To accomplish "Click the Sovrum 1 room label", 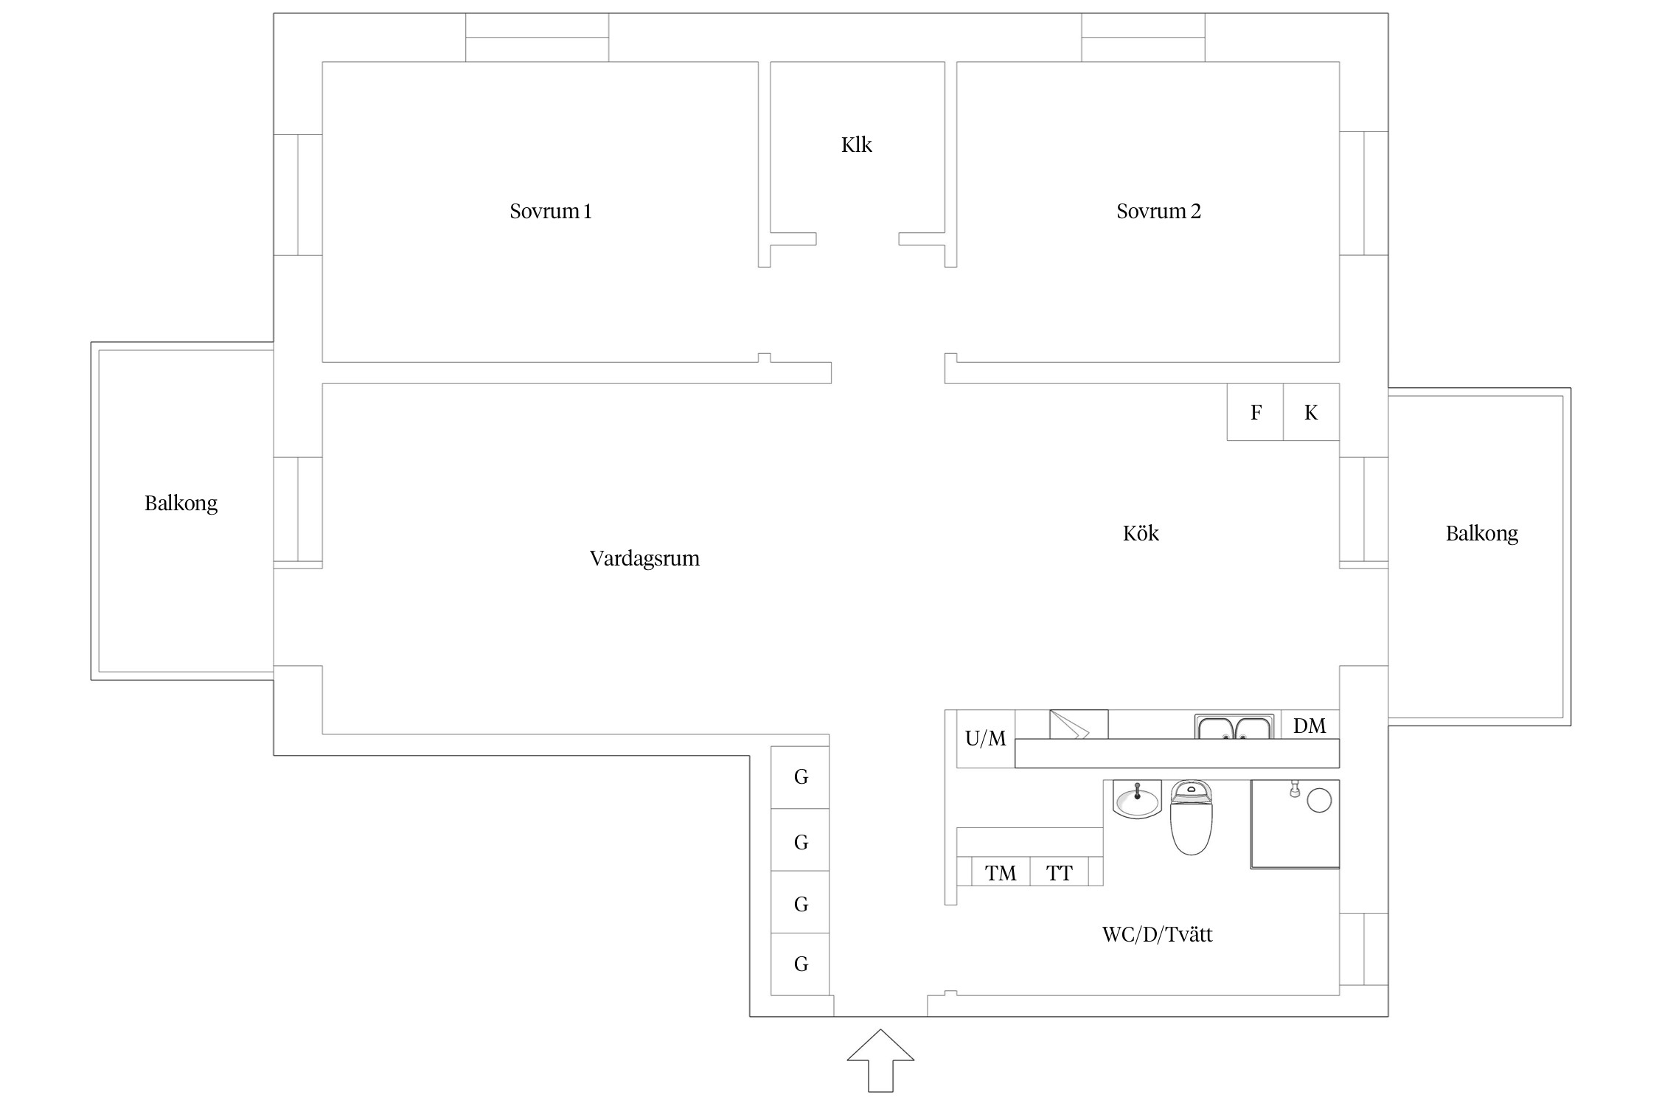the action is point(551,212).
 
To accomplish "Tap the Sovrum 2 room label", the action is point(1158,212).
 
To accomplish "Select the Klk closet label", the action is point(856,145).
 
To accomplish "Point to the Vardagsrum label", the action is point(644,559).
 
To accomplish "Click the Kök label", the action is point(1141,533).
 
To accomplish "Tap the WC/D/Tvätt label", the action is point(1157,934).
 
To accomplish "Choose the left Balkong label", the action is point(181,504).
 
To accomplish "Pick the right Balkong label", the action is point(1481,534).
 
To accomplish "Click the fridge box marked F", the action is point(1255,412).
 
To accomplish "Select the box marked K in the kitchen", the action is point(1311,412).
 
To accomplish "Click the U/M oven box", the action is point(986,739).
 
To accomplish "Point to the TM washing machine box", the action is point(1001,871).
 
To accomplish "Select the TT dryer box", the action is point(1060,871).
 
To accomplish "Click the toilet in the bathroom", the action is point(1192,818).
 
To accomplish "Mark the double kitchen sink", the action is point(1234,726).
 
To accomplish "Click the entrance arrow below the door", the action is point(880,1060).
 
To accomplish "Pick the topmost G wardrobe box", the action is point(801,777).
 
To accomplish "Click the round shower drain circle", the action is point(1319,800).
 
